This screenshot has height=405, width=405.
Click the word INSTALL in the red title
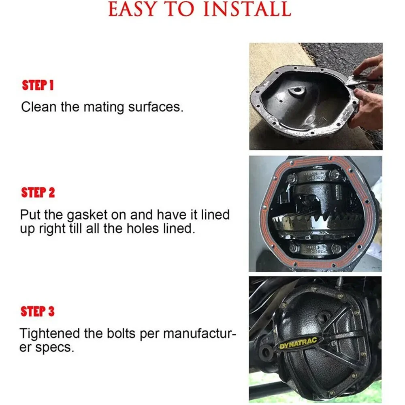[247, 9]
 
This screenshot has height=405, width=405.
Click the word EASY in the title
[132, 9]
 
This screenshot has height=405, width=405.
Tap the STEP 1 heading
[38, 85]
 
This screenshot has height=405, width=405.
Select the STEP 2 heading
[38, 193]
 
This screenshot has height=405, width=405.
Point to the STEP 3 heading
[37, 311]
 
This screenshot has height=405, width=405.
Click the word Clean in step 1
[39, 107]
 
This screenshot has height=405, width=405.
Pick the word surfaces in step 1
[156, 107]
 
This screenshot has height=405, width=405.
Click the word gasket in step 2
[87, 215]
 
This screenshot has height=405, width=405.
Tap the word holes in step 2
[143, 228]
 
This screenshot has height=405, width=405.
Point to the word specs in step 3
[55, 347]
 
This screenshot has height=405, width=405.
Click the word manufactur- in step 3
[200, 333]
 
